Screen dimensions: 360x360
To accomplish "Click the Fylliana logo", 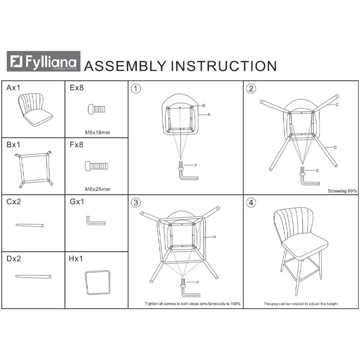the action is (x=43, y=61).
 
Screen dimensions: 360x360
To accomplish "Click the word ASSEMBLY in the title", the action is (x=125, y=66).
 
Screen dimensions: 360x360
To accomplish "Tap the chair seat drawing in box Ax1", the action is (x=35, y=110).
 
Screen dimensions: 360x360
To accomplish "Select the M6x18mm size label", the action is (x=98, y=132).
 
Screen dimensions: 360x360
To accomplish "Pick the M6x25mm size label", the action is (x=98, y=189).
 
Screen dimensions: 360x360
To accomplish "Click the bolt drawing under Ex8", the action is (x=97, y=109).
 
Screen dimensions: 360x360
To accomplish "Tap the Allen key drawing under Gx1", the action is (x=96, y=220).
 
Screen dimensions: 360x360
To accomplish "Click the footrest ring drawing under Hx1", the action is (x=98, y=283).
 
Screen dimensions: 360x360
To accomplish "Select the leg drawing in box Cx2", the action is (x=30, y=225).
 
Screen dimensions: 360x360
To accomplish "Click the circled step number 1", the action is (x=136, y=89).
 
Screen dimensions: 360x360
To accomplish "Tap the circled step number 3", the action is (x=136, y=202).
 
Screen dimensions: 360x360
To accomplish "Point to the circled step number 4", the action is (x=251, y=202).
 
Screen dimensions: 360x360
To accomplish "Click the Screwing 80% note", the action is (x=342, y=191).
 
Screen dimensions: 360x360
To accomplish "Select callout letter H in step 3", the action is (x=215, y=237).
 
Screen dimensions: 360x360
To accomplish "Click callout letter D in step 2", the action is (x=335, y=148).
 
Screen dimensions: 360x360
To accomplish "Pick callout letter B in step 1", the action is (x=204, y=106).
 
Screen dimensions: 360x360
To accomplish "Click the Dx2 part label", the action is (x=14, y=259).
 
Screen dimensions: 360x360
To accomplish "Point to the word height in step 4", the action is (x=332, y=304).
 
